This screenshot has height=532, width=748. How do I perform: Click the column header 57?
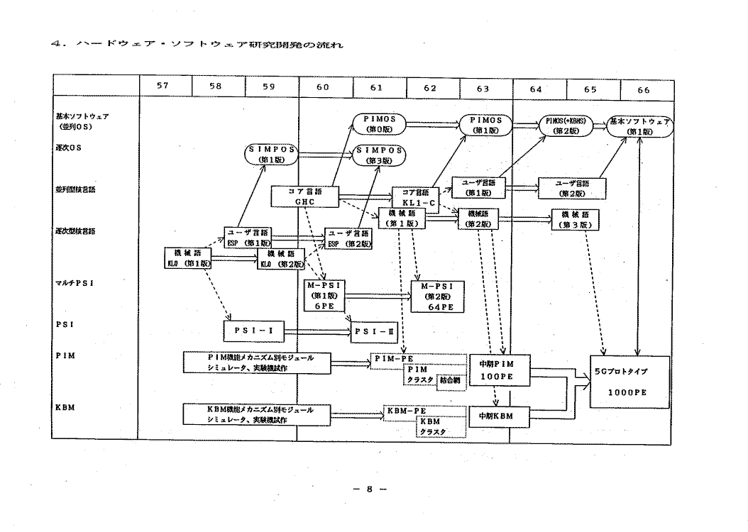coord(163,88)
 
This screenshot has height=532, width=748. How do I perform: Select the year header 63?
coord(482,88)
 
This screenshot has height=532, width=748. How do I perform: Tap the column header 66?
coord(643,89)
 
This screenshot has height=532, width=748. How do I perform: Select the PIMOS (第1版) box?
coord(487,125)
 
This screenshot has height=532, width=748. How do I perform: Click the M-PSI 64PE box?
coord(437,296)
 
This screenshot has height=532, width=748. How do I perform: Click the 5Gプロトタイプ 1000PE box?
coord(629,382)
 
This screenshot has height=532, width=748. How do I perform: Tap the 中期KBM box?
coord(500,416)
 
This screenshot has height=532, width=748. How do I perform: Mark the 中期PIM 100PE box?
coord(500,370)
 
